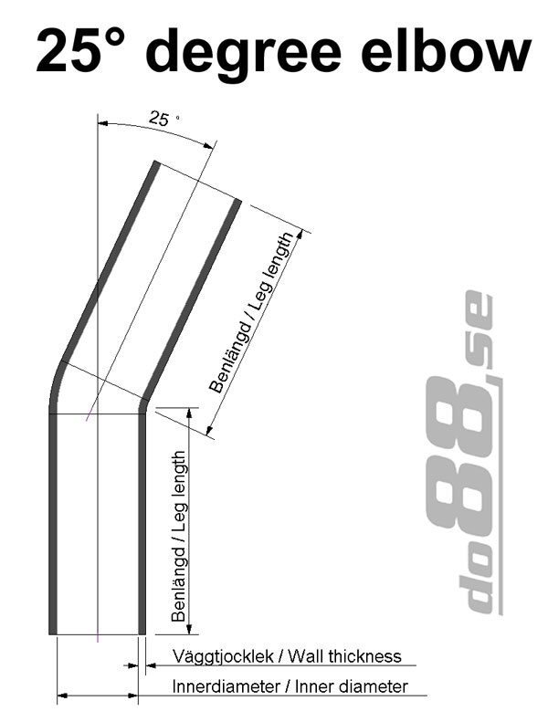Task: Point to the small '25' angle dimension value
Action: pos(159,119)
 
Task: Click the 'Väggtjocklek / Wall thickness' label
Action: pos(287,655)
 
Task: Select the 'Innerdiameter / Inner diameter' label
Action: pos(290,686)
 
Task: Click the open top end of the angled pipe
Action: pos(196,182)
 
